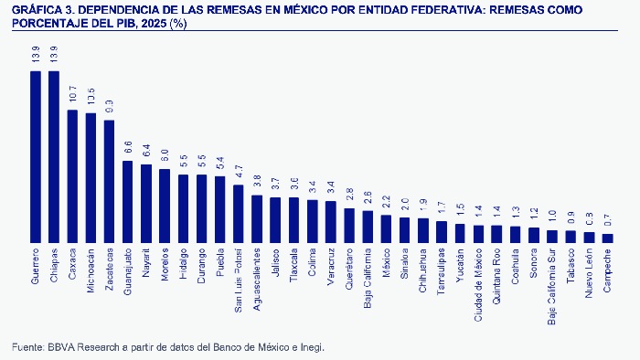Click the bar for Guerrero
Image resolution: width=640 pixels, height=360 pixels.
tap(36, 156)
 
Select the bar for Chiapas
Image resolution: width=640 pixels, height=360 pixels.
tap(54, 156)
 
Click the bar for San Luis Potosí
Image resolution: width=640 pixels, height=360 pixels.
tap(239, 213)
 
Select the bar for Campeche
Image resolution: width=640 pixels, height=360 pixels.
tap(608, 238)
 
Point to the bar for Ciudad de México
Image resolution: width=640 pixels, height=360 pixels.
tap(478, 233)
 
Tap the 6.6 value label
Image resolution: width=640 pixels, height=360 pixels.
tap(128, 150)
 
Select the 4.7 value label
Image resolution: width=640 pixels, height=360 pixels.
tap(239, 174)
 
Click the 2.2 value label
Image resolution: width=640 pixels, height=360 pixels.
tap(386, 204)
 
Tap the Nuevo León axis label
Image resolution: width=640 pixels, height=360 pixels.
tap(590, 272)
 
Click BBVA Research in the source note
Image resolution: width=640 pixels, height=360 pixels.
tap(75, 347)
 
